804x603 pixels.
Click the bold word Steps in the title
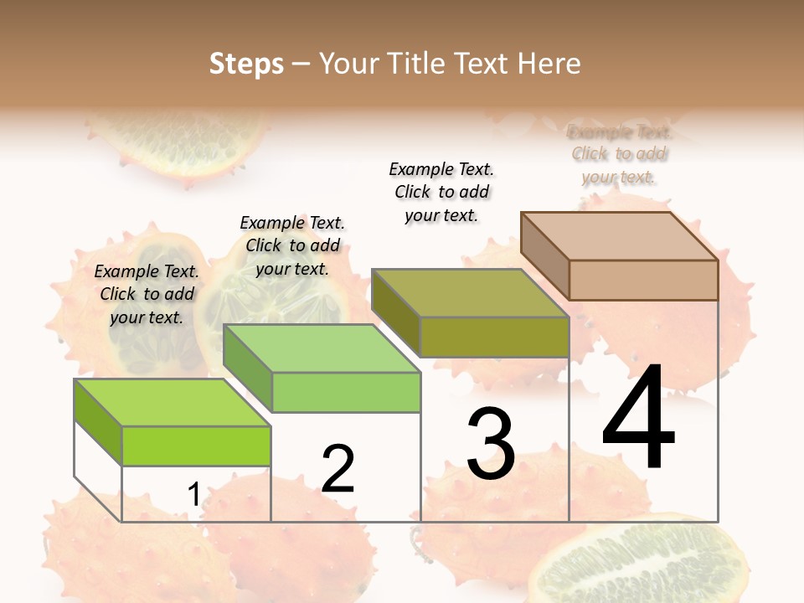(x=246, y=64)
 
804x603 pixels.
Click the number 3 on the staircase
(x=491, y=444)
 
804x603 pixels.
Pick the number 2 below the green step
(x=338, y=469)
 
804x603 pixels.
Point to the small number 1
(x=193, y=495)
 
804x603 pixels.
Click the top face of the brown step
(x=618, y=236)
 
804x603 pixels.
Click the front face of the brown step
(x=643, y=280)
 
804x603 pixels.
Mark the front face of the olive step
(x=494, y=337)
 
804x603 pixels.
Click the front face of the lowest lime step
(x=196, y=446)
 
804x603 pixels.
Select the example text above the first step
(x=147, y=294)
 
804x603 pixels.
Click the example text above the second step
(x=292, y=245)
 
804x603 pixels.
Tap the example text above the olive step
(x=441, y=192)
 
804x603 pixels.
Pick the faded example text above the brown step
(x=619, y=154)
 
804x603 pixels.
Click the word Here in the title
(x=549, y=64)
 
